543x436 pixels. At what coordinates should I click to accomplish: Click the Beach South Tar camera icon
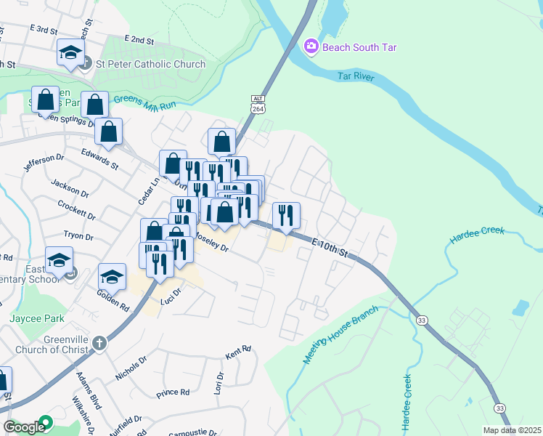coord(311,47)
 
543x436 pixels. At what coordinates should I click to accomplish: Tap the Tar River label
coord(359,76)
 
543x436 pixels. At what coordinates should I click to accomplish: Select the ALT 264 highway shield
coord(258,104)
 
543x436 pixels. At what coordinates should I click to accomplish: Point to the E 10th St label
coord(328,246)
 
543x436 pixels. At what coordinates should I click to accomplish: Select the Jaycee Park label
coord(37,318)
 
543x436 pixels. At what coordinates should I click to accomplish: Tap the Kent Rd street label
coord(238,351)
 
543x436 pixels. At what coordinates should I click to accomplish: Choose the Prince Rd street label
coord(173,393)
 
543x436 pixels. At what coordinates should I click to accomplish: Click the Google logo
coord(24,427)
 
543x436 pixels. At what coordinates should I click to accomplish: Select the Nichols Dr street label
coord(131,368)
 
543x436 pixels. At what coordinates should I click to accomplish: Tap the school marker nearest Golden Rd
coord(112,276)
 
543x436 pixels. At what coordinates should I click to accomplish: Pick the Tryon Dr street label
coord(79,236)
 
